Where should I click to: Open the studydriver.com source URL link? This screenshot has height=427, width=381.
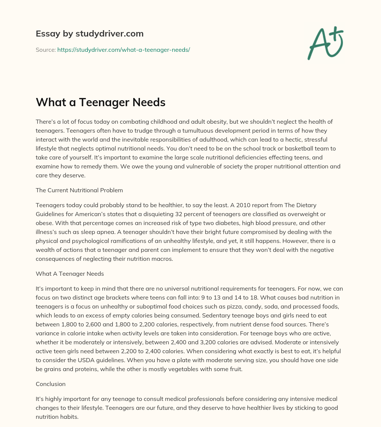(124, 50)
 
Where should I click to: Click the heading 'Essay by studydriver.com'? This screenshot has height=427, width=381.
(90, 34)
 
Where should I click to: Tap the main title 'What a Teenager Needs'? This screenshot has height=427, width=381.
(100, 102)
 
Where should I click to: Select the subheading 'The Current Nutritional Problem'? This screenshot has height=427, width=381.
(79, 190)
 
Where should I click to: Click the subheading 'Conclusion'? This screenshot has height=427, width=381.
(51, 384)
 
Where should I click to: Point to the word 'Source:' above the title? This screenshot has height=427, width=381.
(45, 50)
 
